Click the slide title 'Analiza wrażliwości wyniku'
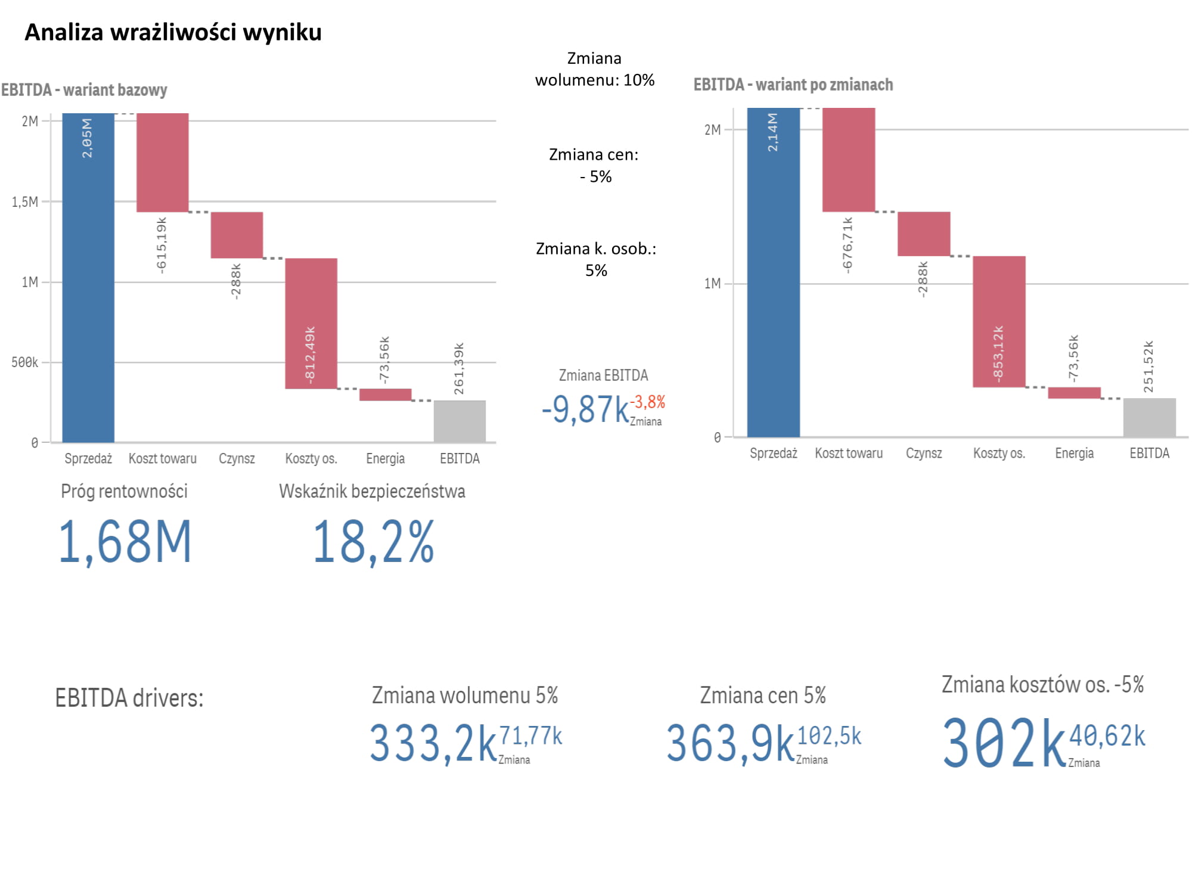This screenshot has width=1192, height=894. (x=173, y=32)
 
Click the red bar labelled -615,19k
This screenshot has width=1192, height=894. (x=163, y=162)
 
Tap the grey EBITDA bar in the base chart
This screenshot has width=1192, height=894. (x=460, y=421)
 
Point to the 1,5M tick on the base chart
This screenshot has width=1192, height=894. (x=25, y=202)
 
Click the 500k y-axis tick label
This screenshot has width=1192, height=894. (x=24, y=362)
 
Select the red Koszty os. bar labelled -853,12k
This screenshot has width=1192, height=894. (x=999, y=322)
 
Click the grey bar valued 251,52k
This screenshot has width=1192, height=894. (x=1149, y=417)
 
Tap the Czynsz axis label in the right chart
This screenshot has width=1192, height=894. (x=924, y=454)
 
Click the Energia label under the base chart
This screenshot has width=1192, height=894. (x=385, y=459)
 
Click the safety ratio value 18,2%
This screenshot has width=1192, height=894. (x=374, y=542)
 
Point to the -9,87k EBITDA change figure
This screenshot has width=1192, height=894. (x=585, y=409)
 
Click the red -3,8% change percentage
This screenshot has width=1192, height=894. (x=648, y=402)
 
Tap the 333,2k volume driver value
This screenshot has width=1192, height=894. (x=433, y=743)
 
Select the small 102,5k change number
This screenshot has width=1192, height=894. (x=829, y=736)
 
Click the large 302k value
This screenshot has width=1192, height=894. (x=1004, y=743)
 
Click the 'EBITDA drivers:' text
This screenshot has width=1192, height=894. (x=129, y=698)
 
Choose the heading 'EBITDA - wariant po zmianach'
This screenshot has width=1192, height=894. (x=793, y=85)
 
